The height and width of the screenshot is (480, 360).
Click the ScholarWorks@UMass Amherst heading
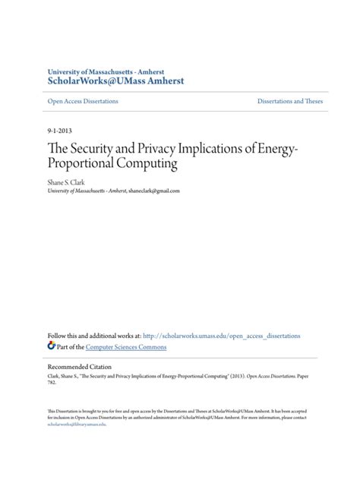point(115,81)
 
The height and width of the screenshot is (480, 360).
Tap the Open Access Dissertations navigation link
point(82,101)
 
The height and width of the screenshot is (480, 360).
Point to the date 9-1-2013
point(61,131)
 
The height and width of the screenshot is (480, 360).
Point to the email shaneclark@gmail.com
point(154,191)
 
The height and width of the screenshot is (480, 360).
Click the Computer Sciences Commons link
point(125,347)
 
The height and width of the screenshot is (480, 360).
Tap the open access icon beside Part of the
point(52,346)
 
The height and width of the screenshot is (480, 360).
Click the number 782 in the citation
point(52,383)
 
